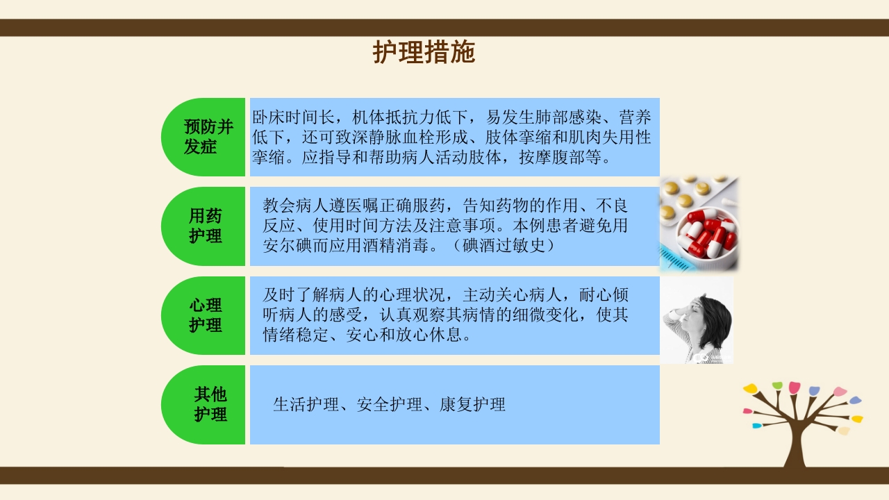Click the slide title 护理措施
(x=424, y=52)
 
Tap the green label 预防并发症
(x=208, y=137)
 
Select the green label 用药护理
(x=206, y=226)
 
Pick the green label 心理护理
(x=206, y=315)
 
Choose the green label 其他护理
(x=210, y=405)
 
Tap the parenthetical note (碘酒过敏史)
(x=504, y=246)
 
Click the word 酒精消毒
(x=397, y=246)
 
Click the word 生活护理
(x=306, y=404)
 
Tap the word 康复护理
(x=472, y=404)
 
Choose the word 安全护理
(x=389, y=404)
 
